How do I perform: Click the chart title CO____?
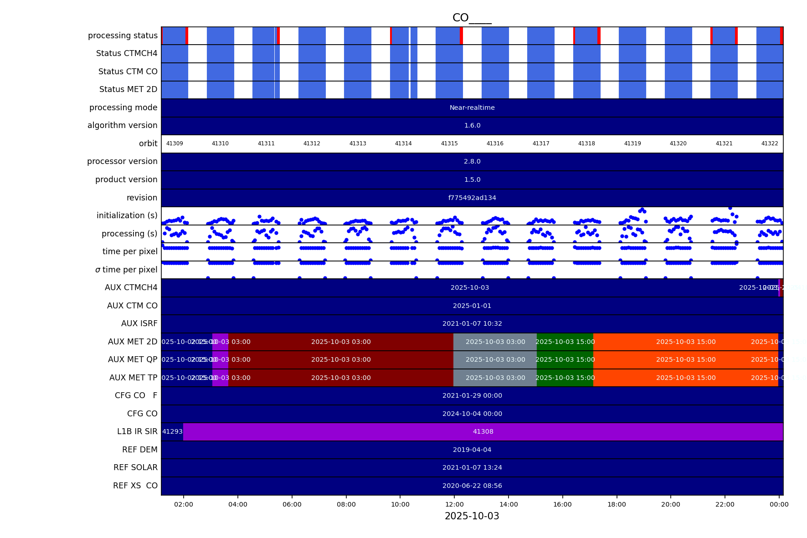pyautogui.click(x=472, y=18)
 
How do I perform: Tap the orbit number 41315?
pyautogui.click(x=449, y=143)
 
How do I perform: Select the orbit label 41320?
pyautogui.click(x=678, y=143)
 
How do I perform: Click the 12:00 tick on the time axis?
pyautogui.click(x=454, y=504)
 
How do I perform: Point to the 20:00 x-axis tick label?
pyautogui.click(x=670, y=504)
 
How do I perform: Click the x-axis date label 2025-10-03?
pyautogui.click(x=472, y=516)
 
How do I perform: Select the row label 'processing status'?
pyautogui.click(x=123, y=36)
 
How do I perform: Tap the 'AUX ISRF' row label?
pyautogui.click(x=139, y=323)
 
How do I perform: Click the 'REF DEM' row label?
pyautogui.click(x=139, y=450)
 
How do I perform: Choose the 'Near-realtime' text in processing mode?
pyautogui.click(x=472, y=108)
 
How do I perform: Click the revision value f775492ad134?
pyautogui.click(x=472, y=198)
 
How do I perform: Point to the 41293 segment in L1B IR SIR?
pyautogui.click(x=172, y=431)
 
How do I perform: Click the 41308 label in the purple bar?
pyautogui.click(x=483, y=431)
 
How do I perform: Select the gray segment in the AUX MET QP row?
pyautogui.click(x=495, y=359)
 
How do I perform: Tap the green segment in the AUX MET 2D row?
pyautogui.click(x=565, y=342)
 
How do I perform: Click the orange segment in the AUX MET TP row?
pyautogui.click(x=685, y=378)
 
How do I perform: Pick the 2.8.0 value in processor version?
pyautogui.click(x=472, y=161)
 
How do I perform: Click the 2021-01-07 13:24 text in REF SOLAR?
pyautogui.click(x=472, y=467)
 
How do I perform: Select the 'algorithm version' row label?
pyautogui.click(x=122, y=125)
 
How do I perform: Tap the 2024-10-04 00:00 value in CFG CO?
pyautogui.click(x=472, y=414)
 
